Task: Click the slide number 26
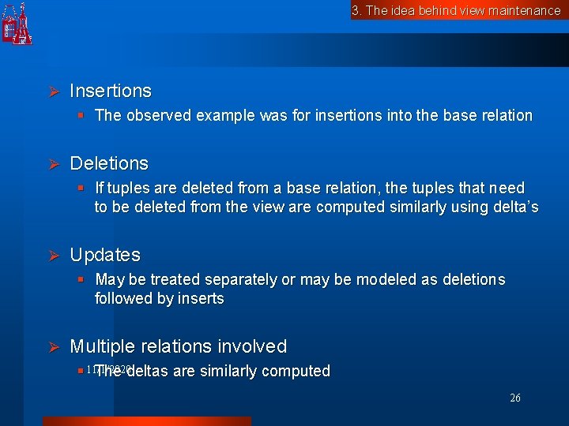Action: [x=515, y=398]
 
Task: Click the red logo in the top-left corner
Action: [x=17, y=24]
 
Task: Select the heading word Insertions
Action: [x=111, y=92]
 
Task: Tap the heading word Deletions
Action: [x=109, y=163]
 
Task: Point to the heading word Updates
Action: [x=105, y=256]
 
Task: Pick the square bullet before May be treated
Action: [x=81, y=280]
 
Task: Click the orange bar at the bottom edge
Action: [x=146, y=421]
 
